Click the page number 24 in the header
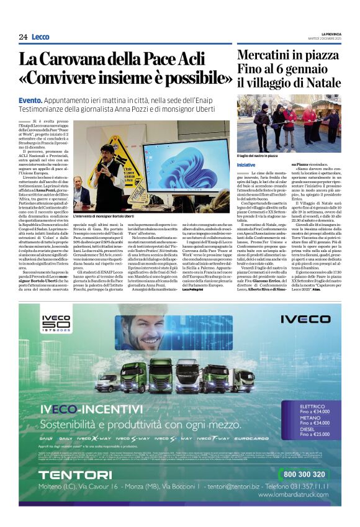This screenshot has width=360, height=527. (23, 37)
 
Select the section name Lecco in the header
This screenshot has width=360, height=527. (40, 37)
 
